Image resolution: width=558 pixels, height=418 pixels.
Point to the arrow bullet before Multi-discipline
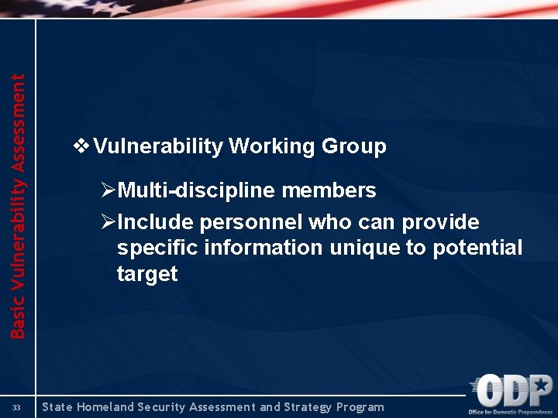(108, 190)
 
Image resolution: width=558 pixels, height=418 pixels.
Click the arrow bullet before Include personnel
(108, 223)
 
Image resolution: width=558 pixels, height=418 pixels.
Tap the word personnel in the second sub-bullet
(251, 223)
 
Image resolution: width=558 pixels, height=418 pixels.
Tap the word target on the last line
(146, 274)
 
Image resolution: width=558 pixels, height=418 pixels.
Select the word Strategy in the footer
(307, 407)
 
